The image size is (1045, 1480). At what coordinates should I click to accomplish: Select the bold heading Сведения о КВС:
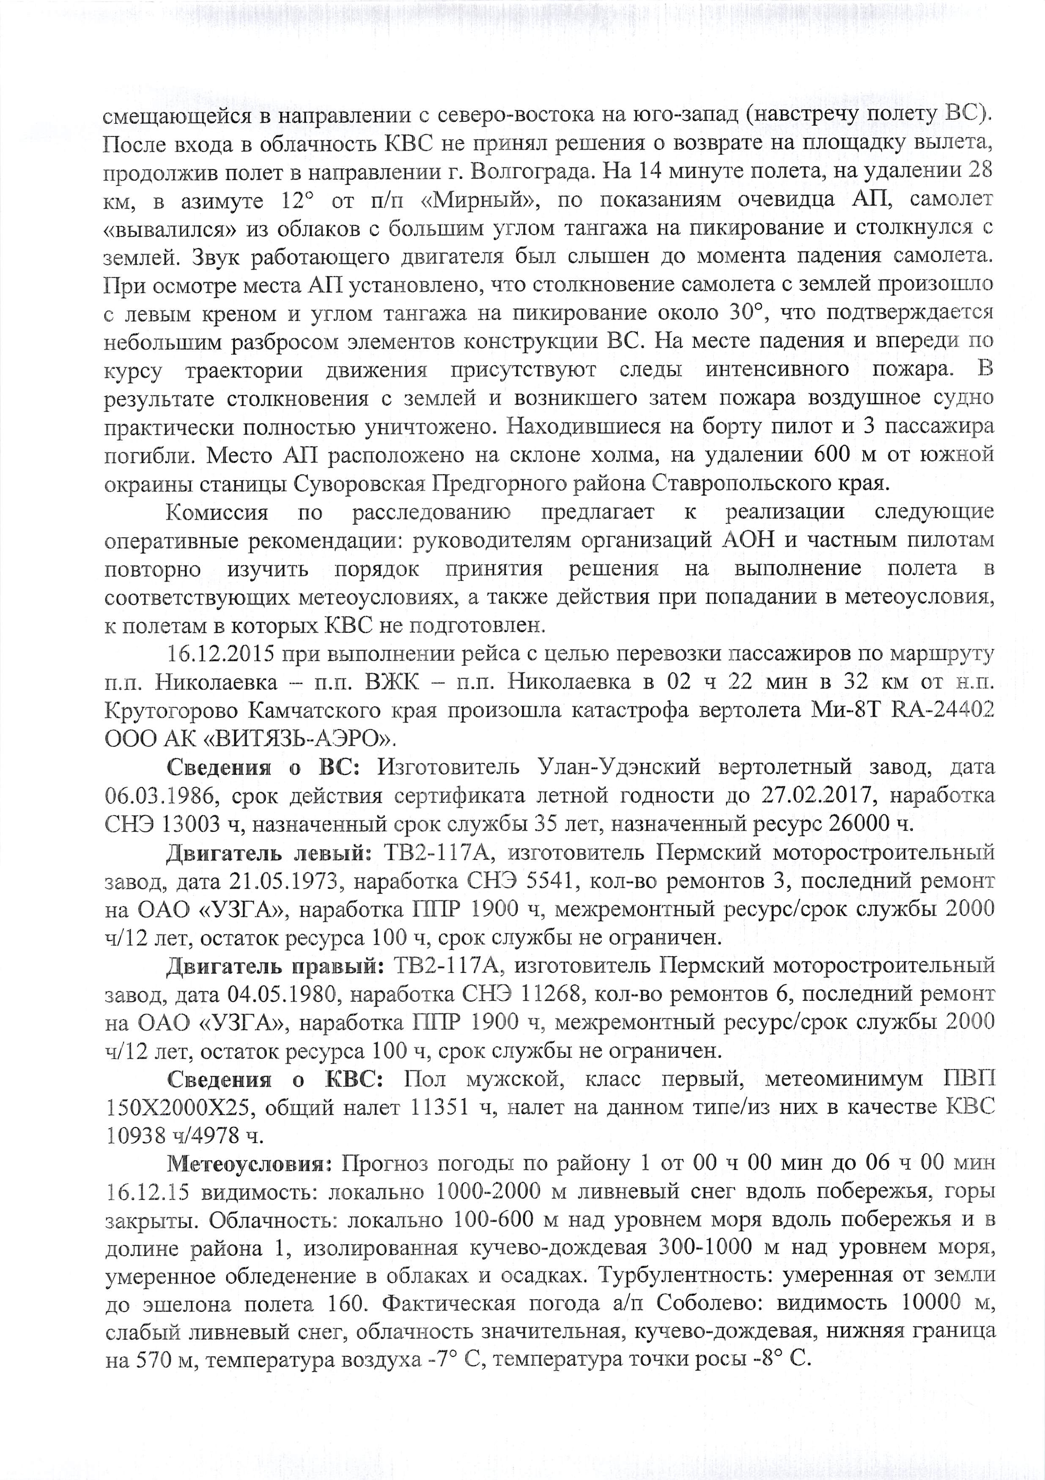[277, 1080]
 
